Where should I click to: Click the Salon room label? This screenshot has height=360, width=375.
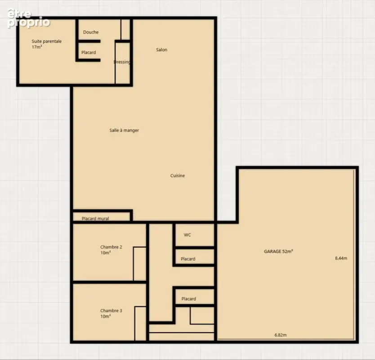[162, 50]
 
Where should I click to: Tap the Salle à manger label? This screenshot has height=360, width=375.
[124, 130]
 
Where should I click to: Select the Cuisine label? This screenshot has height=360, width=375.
[178, 175]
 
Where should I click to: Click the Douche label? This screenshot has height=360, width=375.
[91, 32]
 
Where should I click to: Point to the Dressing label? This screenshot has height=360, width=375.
[122, 62]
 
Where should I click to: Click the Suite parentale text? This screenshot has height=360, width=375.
[47, 41]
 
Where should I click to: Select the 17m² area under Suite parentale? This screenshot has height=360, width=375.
[37, 47]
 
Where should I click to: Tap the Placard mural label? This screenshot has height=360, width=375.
[95, 219]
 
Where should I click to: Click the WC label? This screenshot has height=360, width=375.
[187, 235]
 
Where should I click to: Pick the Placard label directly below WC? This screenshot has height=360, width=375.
[188, 259]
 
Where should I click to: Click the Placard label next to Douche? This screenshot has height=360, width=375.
[89, 52]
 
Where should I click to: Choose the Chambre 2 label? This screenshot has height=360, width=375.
[111, 247]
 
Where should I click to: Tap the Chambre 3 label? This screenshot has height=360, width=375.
[111, 310]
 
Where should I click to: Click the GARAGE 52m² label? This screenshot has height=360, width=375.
[278, 252]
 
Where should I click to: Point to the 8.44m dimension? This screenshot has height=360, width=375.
[341, 258]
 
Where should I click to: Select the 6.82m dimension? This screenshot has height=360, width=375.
[281, 335]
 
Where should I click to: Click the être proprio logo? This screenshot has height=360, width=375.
[28, 18]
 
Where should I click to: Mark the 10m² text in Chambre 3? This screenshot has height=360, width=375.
[106, 316]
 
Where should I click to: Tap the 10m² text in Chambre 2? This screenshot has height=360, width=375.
[106, 253]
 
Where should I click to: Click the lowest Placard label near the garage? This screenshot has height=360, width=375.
[189, 299]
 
